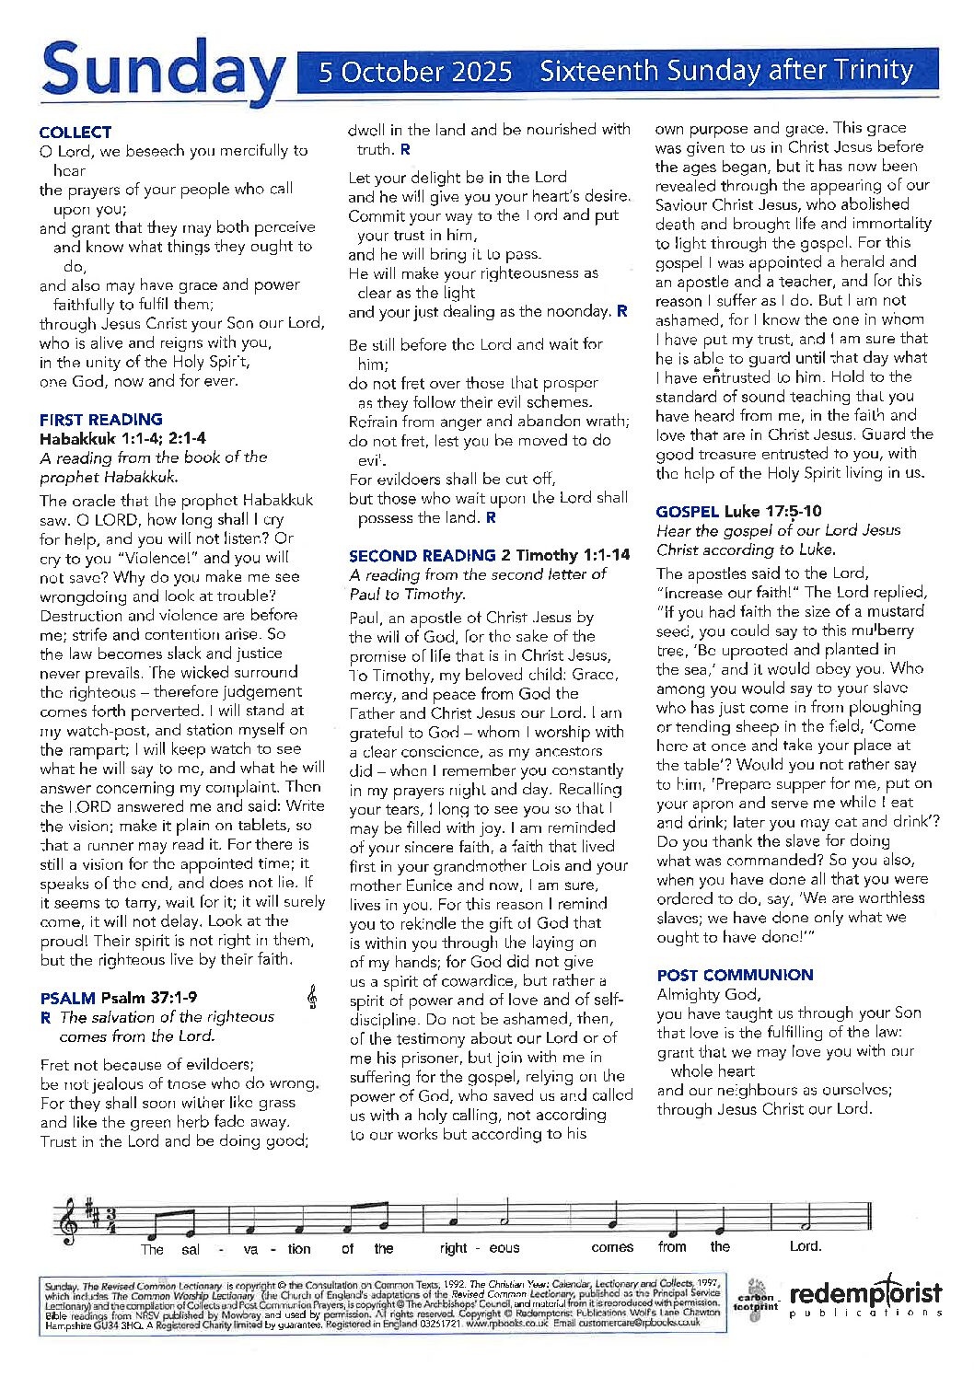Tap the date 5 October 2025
tap(415, 72)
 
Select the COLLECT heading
tap(75, 133)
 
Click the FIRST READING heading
tap(101, 419)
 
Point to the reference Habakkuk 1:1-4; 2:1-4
tap(122, 438)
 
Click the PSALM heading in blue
tap(68, 998)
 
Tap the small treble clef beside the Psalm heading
tap(313, 997)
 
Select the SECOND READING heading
tap(422, 555)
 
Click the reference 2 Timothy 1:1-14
tap(566, 555)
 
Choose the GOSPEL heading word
tap(687, 511)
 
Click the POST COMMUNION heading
tap(735, 975)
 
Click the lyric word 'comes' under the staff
tap(612, 1248)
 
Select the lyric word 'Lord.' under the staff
tap(806, 1246)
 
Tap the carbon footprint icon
tap(755, 1299)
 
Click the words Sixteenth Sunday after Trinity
tap(726, 71)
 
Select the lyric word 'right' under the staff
tap(454, 1248)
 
